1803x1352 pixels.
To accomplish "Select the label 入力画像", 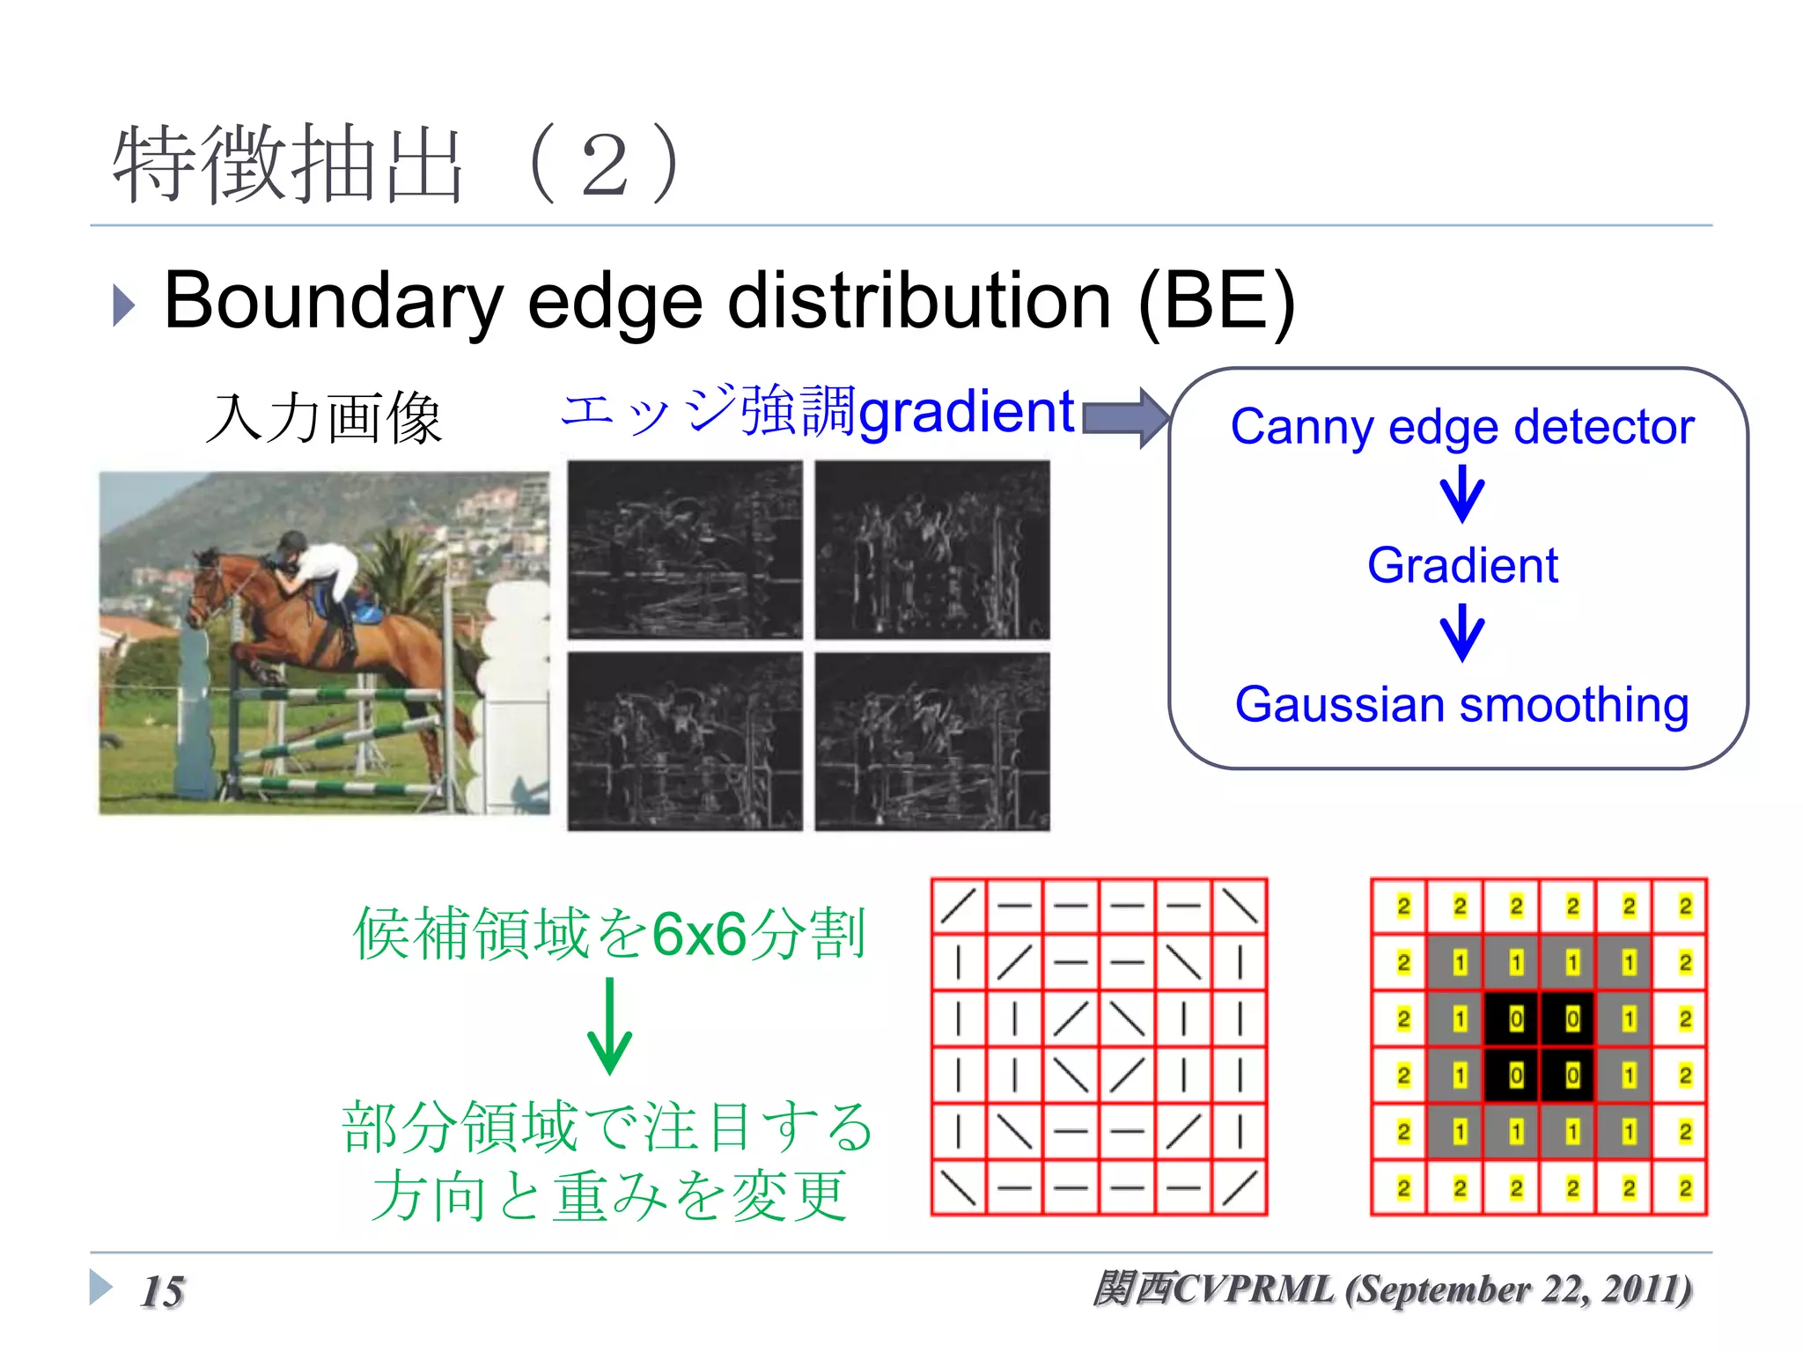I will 323,417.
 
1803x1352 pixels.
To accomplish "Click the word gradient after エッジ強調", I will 966,411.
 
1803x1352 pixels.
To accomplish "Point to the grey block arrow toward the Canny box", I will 1125,417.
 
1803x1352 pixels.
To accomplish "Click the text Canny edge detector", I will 1461,427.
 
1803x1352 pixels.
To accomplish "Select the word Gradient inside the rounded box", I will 1462,565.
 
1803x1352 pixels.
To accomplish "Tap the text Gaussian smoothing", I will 1461,705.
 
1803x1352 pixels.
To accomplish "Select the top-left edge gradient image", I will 685,549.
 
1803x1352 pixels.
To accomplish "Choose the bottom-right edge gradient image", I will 932,741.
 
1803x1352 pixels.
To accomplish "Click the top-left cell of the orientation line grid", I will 959,906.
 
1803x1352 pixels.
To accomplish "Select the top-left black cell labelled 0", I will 1515,1019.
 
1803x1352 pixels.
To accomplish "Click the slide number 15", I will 163,1291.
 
